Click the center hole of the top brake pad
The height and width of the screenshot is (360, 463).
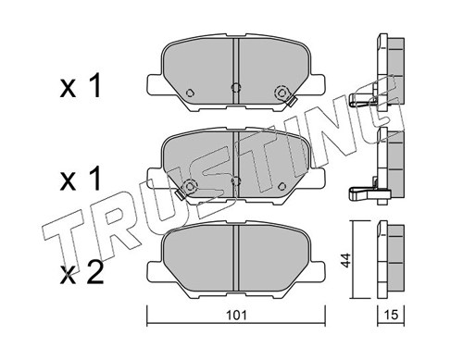[x=235, y=89]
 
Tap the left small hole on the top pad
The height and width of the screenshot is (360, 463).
[x=188, y=93]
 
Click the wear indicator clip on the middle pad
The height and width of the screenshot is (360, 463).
[x=190, y=188]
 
